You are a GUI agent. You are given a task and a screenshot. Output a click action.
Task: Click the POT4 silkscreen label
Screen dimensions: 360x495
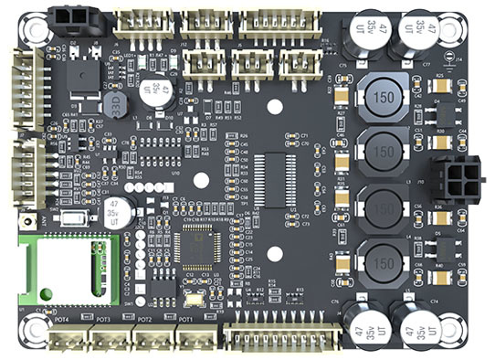pyautogui.click(x=63, y=320)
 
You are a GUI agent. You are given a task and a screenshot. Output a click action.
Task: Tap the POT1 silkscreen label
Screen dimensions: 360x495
pyautogui.click(x=185, y=320)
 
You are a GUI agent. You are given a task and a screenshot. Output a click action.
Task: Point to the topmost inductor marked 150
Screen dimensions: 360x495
pyautogui.click(x=384, y=96)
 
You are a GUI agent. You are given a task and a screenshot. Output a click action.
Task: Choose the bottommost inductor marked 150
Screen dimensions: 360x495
pyautogui.click(x=384, y=255)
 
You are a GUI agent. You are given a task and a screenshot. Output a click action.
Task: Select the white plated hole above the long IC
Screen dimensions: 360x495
pyautogui.click(x=274, y=106)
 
